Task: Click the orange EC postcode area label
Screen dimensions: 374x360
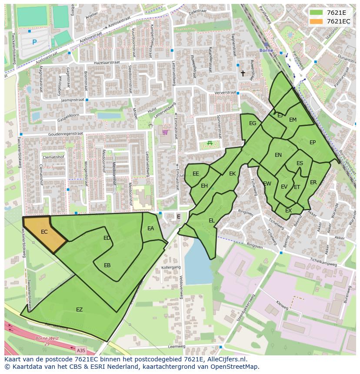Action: pyautogui.click(x=44, y=232)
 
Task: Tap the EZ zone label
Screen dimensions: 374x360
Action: pyautogui.click(x=79, y=310)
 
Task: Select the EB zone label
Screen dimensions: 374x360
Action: pyautogui.click(x=107, y=265)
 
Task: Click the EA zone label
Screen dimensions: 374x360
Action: pyautogui.click(x=150, y=228)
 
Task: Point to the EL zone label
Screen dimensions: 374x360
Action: pyautogui.click(x=211, y=221)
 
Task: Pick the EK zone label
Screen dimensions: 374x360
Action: pyautogui.click(x=232, y=174)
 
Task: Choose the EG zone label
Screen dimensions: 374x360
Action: pyautogui.click(x=253, y=123)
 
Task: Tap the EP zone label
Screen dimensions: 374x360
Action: pyautogui.click(x=312, y=142)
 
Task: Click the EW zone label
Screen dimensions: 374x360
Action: pyautogui.click(x=267, y=184)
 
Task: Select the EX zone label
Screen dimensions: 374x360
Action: pyautogui.click(x=288, y=211)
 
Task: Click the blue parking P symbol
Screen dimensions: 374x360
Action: pyautogui.click(x=34, y=42)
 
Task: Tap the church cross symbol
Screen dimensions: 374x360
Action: pyautogui.click(x=243, y=73)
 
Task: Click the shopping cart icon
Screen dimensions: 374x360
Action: pyautogui.click(x=165, y=132)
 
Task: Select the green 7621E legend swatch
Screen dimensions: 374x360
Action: pyautogui.click(x=316, y=13)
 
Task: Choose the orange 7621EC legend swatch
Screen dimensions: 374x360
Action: pyautogui.click(x=316, y=21)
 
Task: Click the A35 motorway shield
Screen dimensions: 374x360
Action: pyautogui.click(x=81, y=350)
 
